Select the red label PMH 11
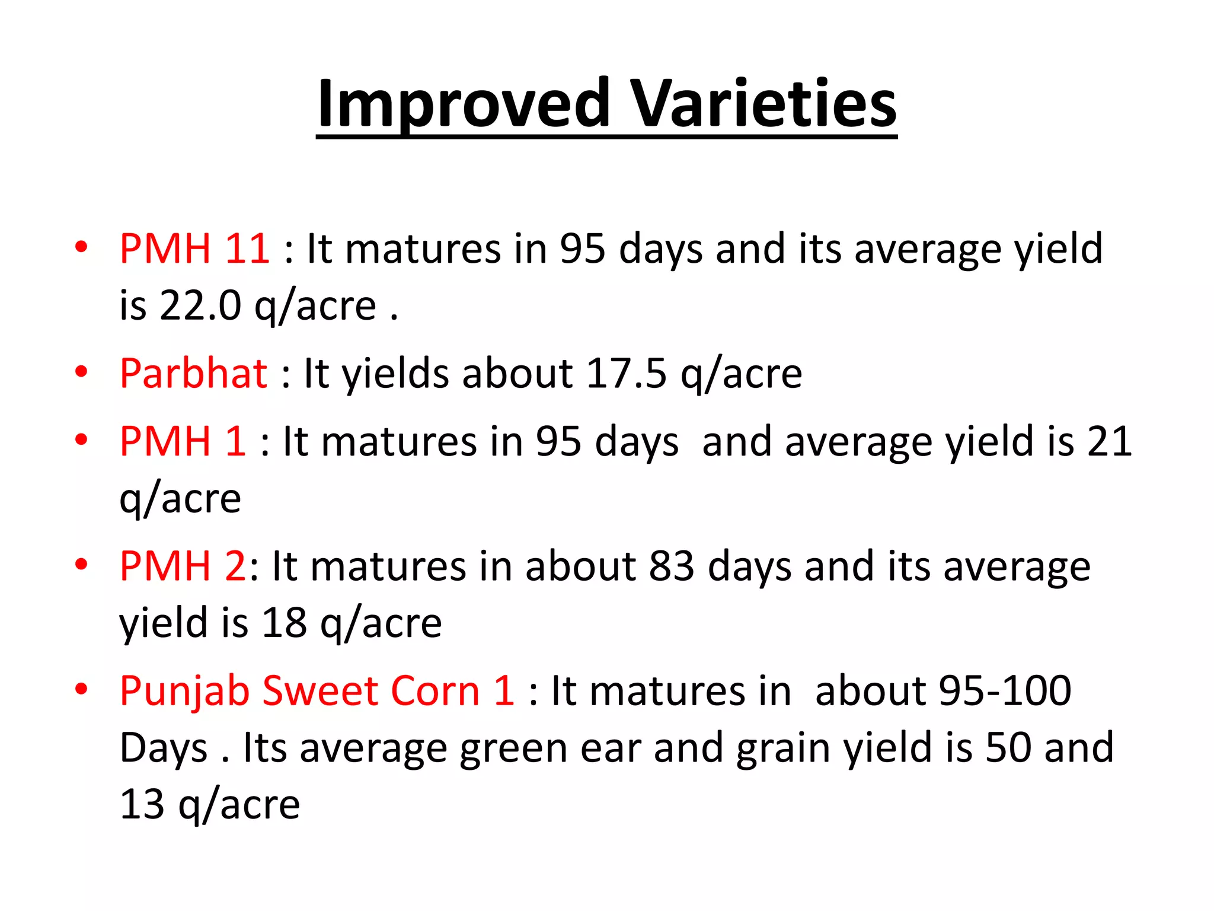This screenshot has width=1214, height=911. (194, 249)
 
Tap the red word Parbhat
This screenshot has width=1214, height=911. (193, 374)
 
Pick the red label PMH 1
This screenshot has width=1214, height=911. (182, 441)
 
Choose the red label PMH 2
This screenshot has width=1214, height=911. (182, 566)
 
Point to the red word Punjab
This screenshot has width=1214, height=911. (184, 692)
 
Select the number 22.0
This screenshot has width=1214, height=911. (200, 306)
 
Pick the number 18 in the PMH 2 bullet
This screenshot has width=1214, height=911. (284, 623)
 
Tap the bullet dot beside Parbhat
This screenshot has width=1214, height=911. (81, 372)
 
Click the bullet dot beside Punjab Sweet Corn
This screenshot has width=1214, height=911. (81, 689)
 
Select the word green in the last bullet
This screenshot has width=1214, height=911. (513, 748)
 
